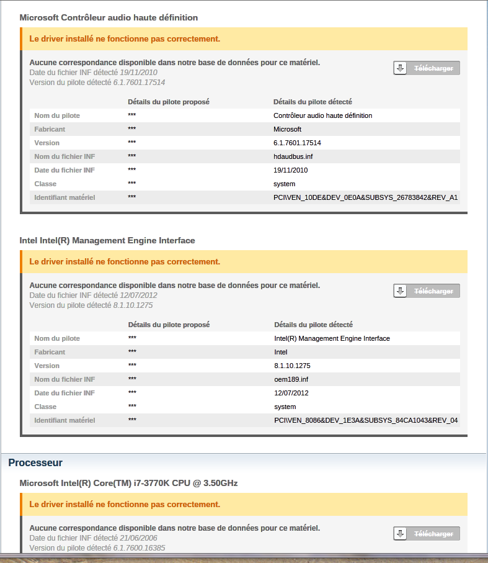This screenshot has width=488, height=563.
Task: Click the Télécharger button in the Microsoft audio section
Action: coord(427,68)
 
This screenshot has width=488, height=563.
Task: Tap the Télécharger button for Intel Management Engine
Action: coord(427,291)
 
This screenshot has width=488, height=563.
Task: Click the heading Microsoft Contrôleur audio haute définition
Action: coord(109,17)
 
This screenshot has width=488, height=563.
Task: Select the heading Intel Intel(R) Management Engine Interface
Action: coord(107,240)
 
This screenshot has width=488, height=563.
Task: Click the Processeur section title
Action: coord(35,462)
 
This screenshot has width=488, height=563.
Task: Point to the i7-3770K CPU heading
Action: coord(128,483)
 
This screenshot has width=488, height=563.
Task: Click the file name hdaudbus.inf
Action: coord(293,156)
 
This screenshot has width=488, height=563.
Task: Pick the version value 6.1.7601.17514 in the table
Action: coord(297,143)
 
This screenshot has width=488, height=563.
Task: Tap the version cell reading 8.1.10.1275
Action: coord(292,366)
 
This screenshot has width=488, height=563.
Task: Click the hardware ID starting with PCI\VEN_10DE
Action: coord(365,197)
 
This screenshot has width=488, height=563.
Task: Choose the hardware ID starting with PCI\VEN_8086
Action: coord(366,420)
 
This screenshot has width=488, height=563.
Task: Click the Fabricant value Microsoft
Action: coord(287,129)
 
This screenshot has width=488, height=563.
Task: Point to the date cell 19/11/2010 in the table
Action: coord(290,170)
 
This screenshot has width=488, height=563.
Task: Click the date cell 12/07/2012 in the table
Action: coord(291,393)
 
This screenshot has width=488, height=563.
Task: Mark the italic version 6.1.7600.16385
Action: coord(140,548)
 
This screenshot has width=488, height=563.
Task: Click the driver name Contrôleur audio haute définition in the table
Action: coord(322,115)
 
